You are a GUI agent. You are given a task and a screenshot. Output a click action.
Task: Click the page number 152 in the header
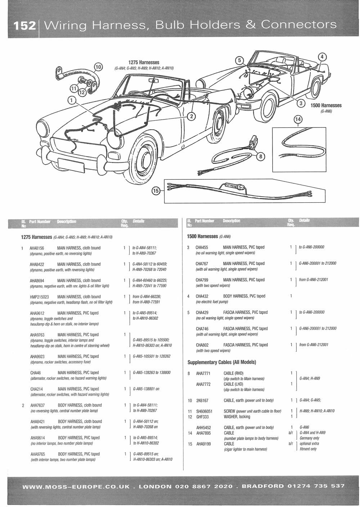(x=25, y=26)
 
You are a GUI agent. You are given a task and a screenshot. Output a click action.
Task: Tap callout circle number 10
(x=98, y=67)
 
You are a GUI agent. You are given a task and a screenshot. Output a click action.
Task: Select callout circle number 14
(x=298, y=119)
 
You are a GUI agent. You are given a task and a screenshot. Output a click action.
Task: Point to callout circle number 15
(x=156, y=191)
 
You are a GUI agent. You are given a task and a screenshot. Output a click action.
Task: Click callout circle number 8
(x=261, y=156)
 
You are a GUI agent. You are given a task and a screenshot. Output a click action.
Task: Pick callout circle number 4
(x=322, y=57)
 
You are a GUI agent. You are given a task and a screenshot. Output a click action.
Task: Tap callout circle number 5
(x=239, y=60)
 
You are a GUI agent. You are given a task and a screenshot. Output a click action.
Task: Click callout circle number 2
(x=192, y=116)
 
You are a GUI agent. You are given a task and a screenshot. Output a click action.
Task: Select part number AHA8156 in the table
(x=37, y=248)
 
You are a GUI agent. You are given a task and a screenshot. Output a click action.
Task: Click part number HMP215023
(x=39, y=297)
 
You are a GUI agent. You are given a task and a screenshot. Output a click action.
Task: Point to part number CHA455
(x=202, y=247)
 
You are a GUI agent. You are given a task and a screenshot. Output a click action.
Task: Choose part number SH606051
(x=204, y=411)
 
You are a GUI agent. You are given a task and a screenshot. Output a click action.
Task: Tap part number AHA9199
(x=203, y=444)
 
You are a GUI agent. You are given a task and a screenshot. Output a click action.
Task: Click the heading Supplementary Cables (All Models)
(x=222, y=362)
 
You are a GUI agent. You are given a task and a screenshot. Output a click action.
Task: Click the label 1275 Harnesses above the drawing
(x=144, y=62)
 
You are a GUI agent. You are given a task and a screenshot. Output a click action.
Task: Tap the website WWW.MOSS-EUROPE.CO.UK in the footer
(x=76, y=486)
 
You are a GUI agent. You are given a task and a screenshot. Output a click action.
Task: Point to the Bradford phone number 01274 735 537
(x=316, y=486)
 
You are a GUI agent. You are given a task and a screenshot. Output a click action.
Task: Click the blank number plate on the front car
(x=71, y=165)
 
